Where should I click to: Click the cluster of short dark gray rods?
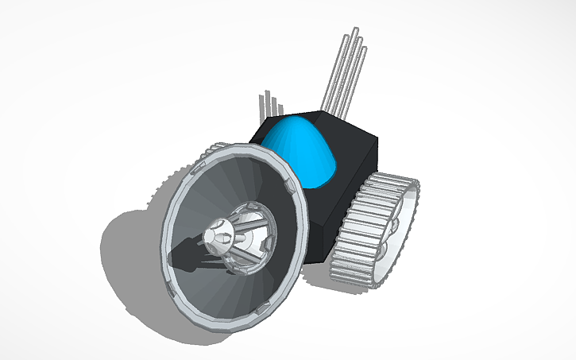tap(270, 108)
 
